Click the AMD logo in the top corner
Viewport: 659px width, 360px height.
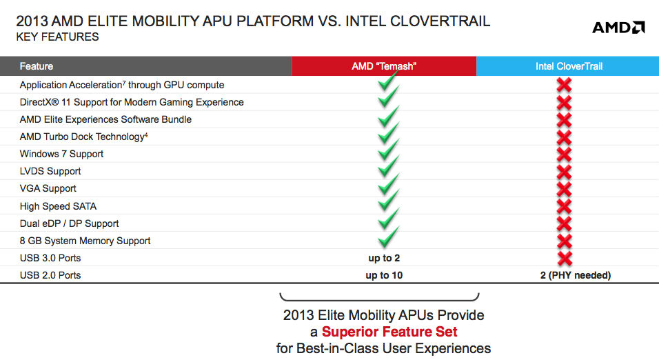(x=618, y=28)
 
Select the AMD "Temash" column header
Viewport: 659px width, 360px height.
(x=384, y=66)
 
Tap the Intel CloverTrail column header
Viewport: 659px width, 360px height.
(x=569, y=66)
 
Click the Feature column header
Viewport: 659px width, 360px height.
(x=36, y=66)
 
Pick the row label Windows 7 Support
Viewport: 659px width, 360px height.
(x=61, y=154)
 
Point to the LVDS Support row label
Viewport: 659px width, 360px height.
(x=50, y=171)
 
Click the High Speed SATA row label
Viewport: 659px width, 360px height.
(x=58, y=206)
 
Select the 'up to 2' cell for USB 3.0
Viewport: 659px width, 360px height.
(x=384, y=258)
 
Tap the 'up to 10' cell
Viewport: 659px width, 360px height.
(x=384, y=275)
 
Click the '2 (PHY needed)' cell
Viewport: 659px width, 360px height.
(x=576, y=275)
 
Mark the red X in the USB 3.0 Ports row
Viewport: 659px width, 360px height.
(x=564, y=258)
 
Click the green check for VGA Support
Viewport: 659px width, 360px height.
(x=388, y=185)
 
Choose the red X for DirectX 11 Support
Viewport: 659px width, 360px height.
(x=564, y=102)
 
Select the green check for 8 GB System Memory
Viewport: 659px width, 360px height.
(x=388, y=237)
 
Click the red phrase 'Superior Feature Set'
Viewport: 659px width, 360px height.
(x=389, y=332)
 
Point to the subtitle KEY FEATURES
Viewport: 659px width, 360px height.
(x=58, y=37)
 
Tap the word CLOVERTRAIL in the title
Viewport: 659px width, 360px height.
(x=440, y=21)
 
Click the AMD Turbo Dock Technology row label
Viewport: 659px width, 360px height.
(x=83, y=137)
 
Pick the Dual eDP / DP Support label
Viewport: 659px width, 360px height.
(x=69, y=223)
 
